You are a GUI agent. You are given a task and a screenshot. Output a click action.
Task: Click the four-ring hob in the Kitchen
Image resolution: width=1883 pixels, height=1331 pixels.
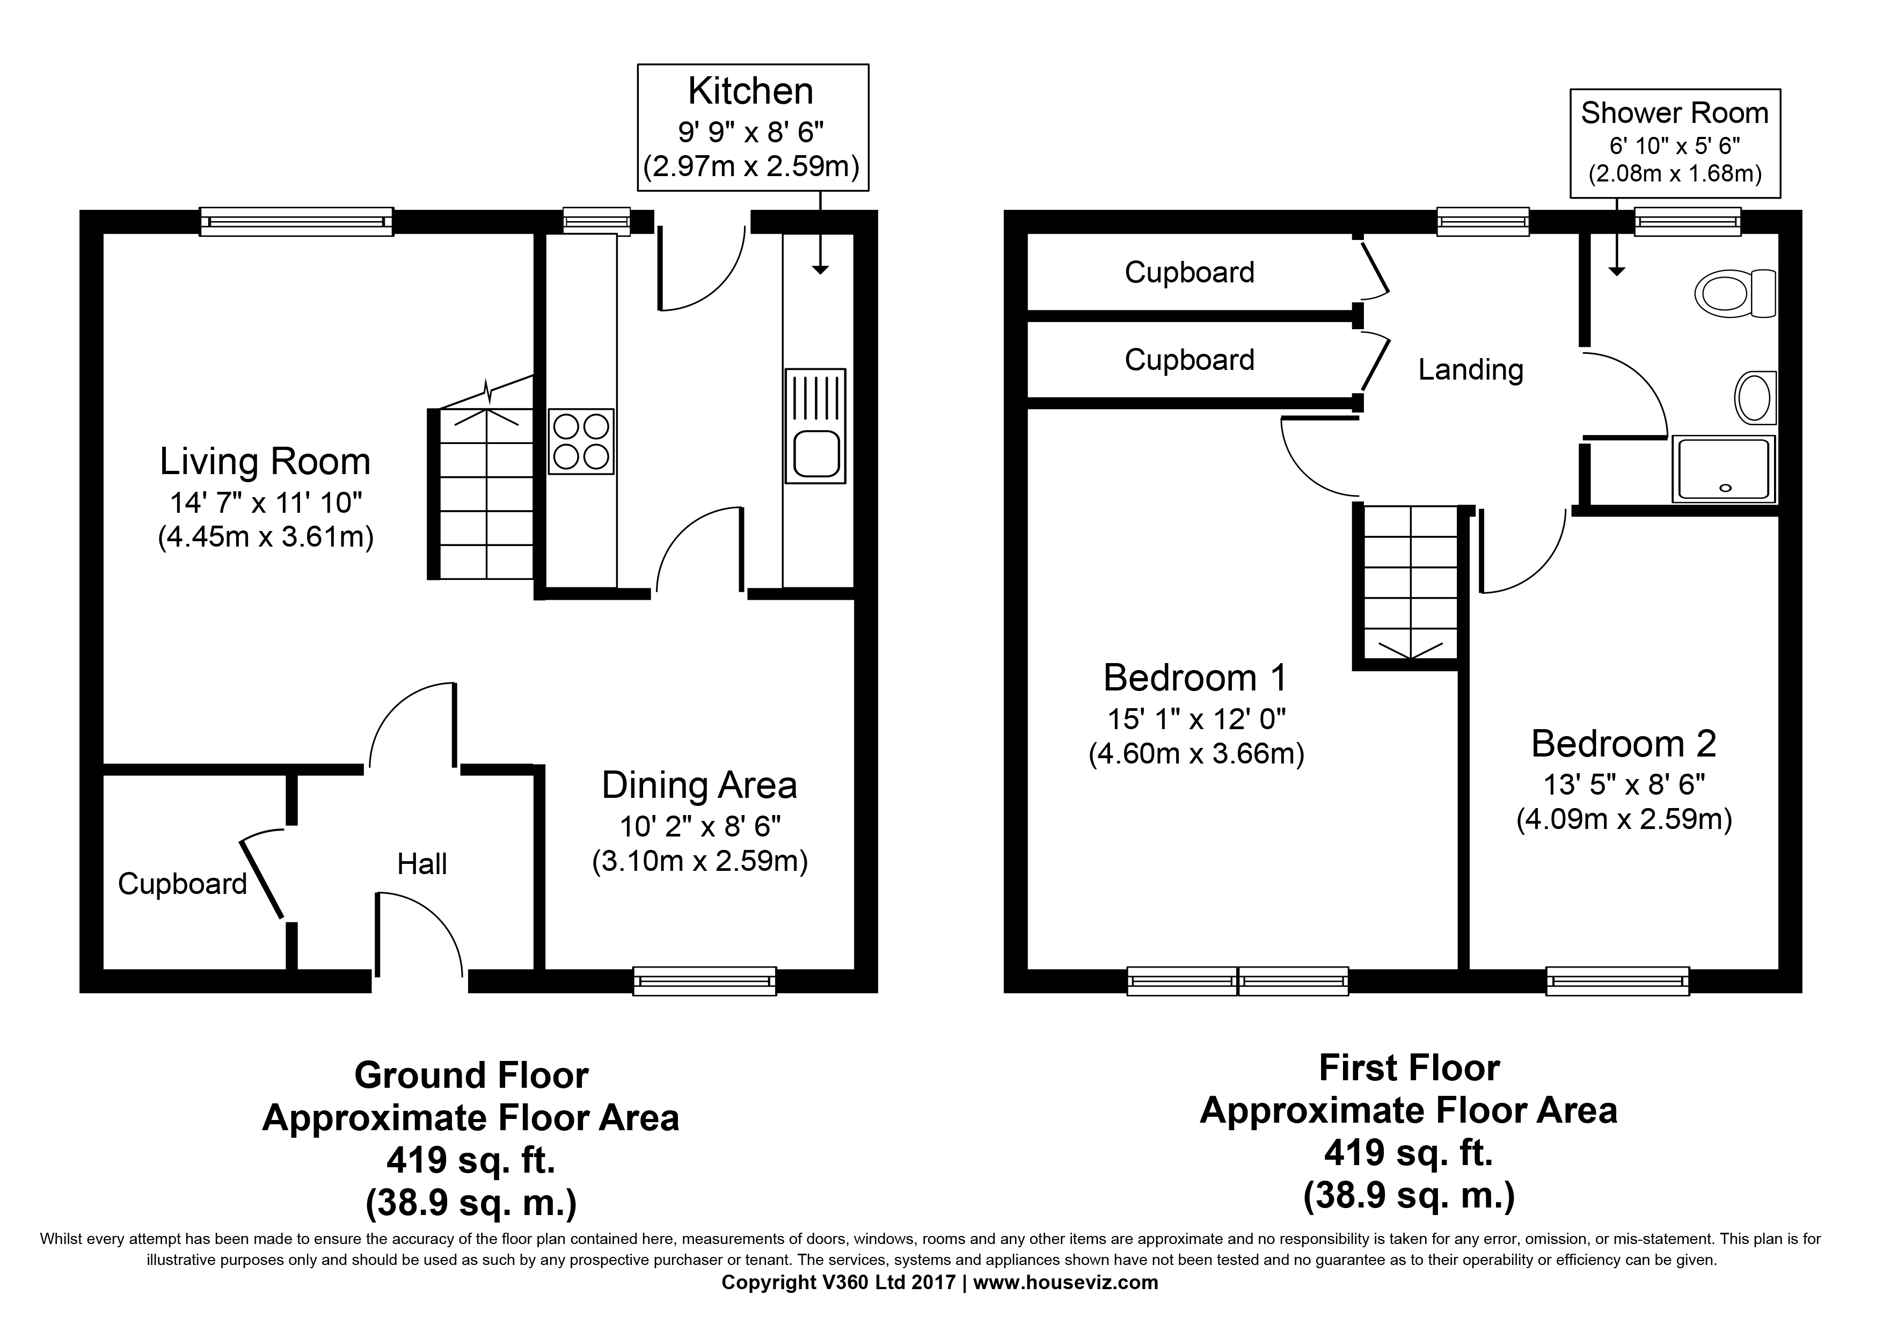point(581,441)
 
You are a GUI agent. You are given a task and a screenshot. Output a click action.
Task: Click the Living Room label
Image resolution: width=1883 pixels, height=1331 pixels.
point(265,461)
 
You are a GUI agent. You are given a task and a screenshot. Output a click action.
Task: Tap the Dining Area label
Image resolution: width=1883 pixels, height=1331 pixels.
point(699,785)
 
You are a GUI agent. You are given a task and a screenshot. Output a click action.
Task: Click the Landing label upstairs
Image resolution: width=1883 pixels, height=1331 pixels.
point(1470,370)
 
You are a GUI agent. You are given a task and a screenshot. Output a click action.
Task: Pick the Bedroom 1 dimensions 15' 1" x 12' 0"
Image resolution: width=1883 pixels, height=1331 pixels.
point(1196,719)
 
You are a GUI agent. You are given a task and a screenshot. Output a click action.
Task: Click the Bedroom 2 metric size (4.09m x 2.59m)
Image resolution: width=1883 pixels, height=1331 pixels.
point(1623,819)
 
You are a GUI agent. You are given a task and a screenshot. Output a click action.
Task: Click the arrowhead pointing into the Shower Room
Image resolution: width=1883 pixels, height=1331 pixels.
point(1616,271)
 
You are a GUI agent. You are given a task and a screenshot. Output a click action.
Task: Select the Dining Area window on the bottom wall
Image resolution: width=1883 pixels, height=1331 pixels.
point(704,981)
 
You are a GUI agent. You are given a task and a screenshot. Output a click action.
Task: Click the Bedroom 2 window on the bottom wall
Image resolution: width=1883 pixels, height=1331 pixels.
point(1617,981)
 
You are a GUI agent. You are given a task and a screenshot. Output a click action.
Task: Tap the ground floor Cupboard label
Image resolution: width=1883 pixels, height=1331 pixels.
point(182,884)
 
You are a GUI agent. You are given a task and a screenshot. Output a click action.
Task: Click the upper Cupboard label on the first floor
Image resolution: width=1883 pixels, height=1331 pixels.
point(1189,272)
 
